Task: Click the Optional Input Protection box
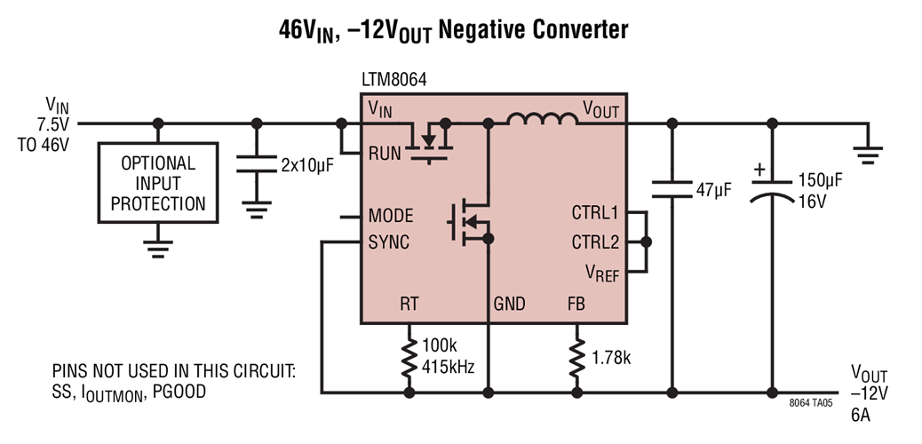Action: click(158, 184)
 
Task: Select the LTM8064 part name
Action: click(394, 80)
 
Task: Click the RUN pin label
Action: click(387, 153)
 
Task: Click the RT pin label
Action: click(409, 305)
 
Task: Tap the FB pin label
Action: click(576, 305)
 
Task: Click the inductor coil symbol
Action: click(542, 120)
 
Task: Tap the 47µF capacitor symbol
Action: click(672, 188)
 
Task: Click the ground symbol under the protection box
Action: click(158, 246)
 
